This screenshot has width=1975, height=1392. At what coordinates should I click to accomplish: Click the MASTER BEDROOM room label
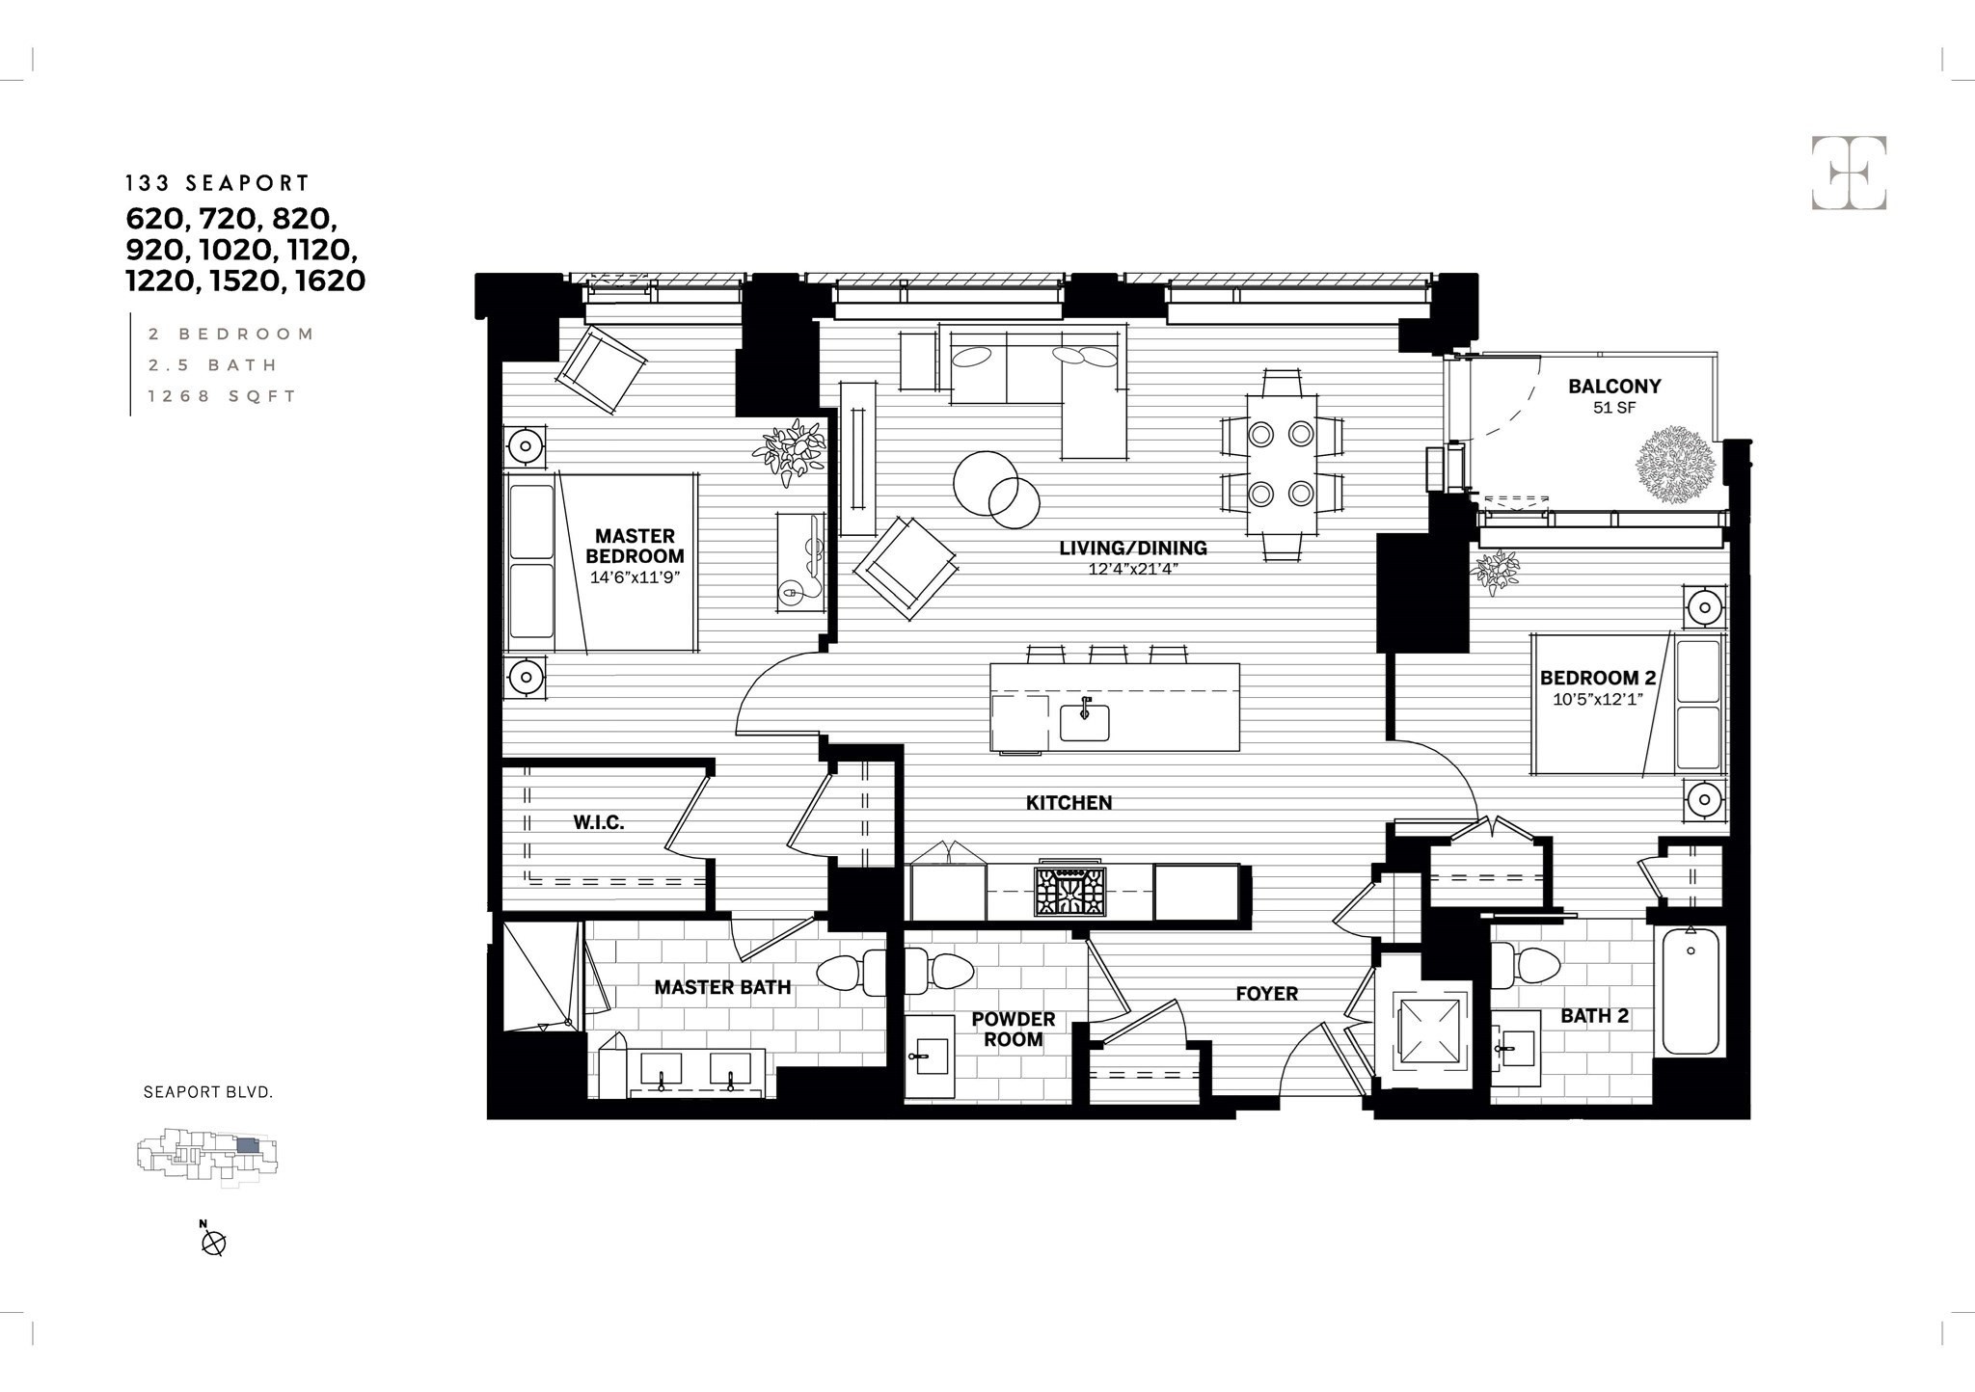coord(635,547)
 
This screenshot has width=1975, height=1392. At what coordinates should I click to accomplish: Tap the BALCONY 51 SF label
coord(1614,395)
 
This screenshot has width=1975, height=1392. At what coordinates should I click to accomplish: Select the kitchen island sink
coord(1084,722)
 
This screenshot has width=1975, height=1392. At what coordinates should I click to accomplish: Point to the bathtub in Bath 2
coord(1691,990)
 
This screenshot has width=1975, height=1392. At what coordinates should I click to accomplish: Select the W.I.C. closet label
coord(599,822)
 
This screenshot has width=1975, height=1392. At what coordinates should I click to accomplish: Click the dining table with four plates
coord(1282,464)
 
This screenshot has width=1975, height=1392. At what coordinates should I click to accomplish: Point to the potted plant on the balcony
coord(1676,465)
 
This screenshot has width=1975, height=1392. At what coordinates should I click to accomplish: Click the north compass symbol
coord(213,1244)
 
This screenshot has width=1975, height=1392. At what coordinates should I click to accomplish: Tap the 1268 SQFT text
coord(222,396)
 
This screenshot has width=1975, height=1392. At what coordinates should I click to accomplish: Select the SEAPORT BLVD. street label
coord(208,1092)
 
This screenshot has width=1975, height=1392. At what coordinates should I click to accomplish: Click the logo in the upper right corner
coord(1849,173)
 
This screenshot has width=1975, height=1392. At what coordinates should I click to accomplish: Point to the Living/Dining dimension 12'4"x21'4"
coord(1133,569)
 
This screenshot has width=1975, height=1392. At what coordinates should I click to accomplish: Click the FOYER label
coord(1266,993)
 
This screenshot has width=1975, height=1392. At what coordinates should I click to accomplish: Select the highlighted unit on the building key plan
coord(248,1145)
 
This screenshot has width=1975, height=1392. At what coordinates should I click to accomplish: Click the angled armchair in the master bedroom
coord(604,369)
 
